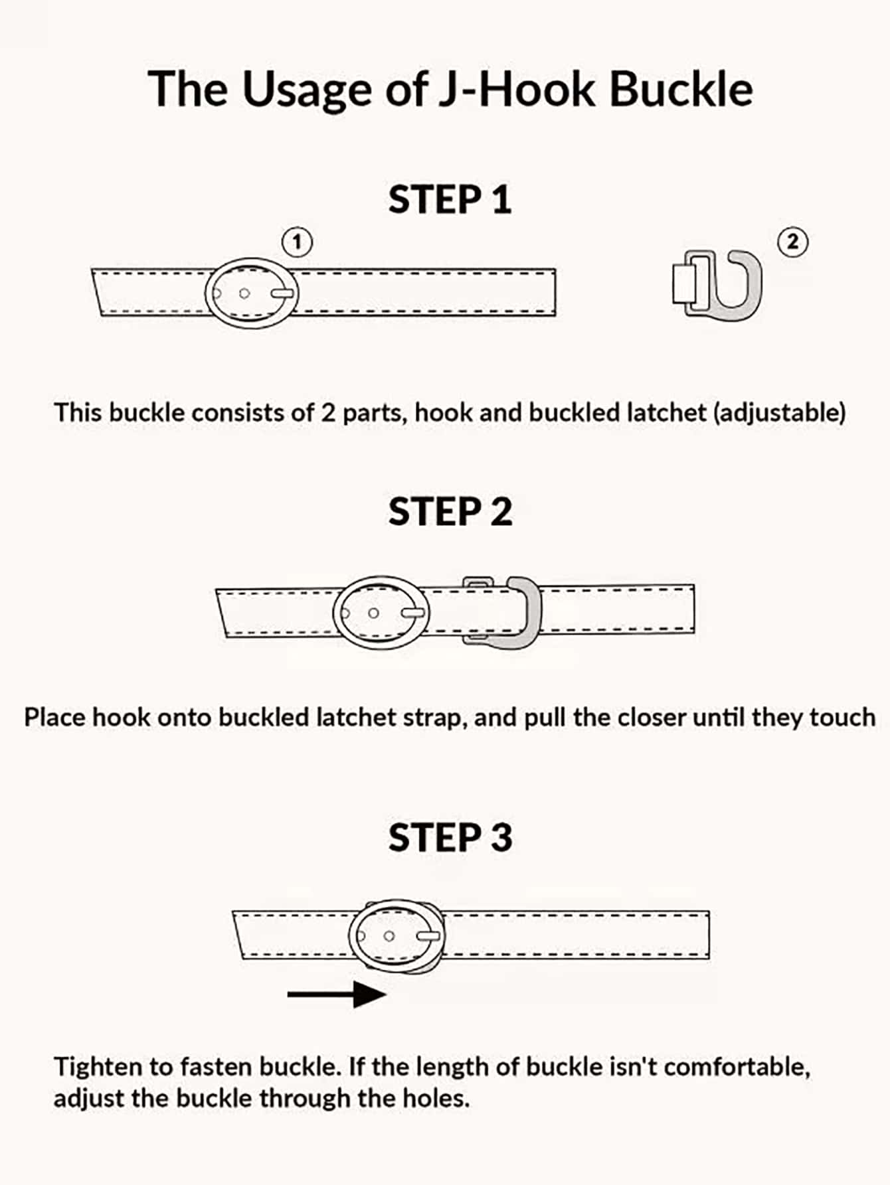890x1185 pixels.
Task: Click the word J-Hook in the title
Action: pos(517,89)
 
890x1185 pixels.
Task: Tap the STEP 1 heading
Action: pos(450,200)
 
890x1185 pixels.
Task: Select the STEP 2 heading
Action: pos(450,512)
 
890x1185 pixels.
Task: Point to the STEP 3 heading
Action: pos(450,837)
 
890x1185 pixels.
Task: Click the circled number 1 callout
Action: pos(297,242)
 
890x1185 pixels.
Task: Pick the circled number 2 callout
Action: pos(792,242)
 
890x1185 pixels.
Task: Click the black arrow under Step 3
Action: pos(337,994)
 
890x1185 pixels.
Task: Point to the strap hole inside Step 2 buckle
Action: pos(374,613)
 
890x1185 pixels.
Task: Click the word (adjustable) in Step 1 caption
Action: pos(779,413)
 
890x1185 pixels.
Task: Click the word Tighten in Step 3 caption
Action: pos(98,1067)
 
